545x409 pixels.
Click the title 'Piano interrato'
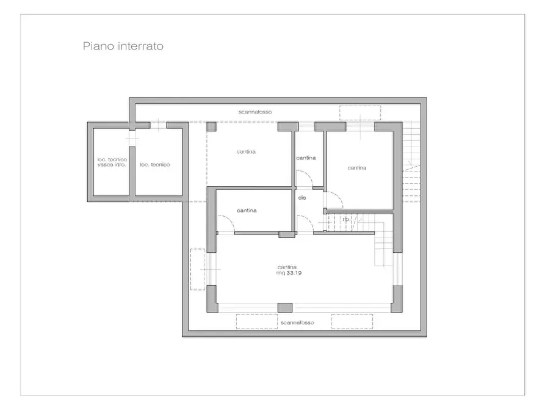pyautogui.click(x=123, y=46)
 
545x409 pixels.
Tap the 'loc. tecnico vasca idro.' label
pyautogui.click(x=112, y=162)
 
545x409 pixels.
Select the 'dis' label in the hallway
pyautogui.click(x=301, y=198)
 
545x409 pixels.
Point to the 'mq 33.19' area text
pyautogui.click(x=289, y=273)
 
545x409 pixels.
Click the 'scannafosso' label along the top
pyautogui.click(x=254, y=112)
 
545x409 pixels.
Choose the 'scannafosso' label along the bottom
pyautogui.click(x=297, y=322)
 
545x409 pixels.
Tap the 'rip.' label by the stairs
pyautogui.click(x=346, y=219)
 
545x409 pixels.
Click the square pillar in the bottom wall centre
pyautogui.click(x=284, y=308)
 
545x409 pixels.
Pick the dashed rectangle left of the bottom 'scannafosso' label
pyautogui.click(x=257, y=322)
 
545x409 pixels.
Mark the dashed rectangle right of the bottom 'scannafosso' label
pyautogui.click(x=352, y=322)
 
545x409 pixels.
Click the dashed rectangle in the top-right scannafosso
pyautogui.click(x=360, y=113)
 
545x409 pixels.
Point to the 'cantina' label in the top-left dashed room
pyautogui.click(x=246, y=152)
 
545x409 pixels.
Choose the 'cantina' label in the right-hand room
pyautogui.click(x=356, y=168)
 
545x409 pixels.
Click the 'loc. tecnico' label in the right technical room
pyautogui.click(x=154, y=165)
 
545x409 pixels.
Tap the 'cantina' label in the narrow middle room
pyautogui.click(x=306, y=158)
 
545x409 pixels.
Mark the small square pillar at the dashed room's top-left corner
pyautogui.click(x=211, y=127)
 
